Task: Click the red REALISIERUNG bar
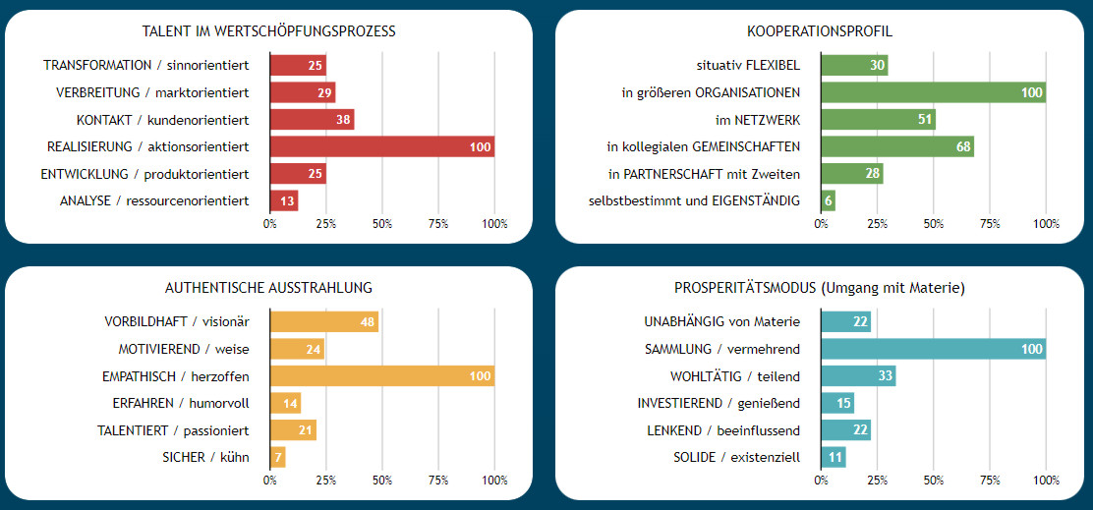click(x=381, y=146)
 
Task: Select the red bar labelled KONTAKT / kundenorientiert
click(x=312, y=120)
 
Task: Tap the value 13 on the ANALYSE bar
click(x=287, y=201)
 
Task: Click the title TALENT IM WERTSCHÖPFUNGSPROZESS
click(x=268, y=31)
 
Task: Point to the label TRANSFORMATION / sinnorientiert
click(x=145, y=65)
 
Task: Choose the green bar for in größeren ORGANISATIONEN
click(x=933, y=92)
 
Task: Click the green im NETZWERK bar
click(x=878, y=120)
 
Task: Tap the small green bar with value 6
click(x=829, y=201)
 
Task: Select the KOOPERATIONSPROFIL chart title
click(x=819, y=31)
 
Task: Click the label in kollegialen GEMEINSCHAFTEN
click(x=703, y=146)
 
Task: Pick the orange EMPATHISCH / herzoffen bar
click(x=381, y=375)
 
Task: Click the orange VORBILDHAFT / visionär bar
click(x=323, y=321)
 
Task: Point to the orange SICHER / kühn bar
click(x=277, y=457)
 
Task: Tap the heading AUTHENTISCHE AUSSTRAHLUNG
click(x=268, y=288)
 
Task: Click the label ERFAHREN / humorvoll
click(x=180, y=403)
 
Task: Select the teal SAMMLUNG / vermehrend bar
click(x=933, y=349)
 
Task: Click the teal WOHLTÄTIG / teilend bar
click(x=858, y=375)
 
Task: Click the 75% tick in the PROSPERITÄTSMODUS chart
click(x=990, y=481)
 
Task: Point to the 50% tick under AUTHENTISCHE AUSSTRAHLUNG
click(x=382, y=481)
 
